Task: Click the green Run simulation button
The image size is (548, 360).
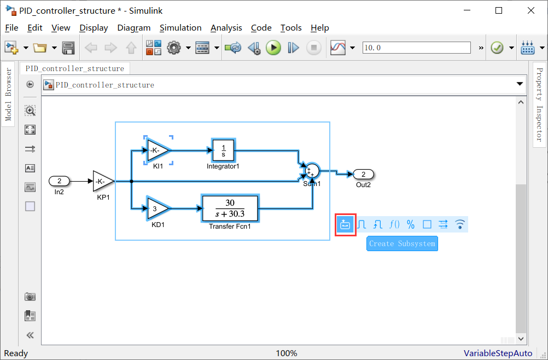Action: point(273,48)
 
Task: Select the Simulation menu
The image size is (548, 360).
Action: point(180,27)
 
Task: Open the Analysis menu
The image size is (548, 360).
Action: point(226,27)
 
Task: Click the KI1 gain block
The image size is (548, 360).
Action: point(158,150)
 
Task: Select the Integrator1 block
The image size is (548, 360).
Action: point(223,149)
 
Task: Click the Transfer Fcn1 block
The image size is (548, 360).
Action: point(230,208)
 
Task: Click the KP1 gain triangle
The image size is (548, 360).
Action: point(102,181)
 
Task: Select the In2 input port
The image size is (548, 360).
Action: point(60,181)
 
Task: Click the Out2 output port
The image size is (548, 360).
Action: point(363,175)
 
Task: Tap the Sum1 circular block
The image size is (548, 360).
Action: point(312,171)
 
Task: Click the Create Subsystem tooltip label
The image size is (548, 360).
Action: point(402,243)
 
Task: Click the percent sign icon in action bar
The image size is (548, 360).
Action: point(411,224)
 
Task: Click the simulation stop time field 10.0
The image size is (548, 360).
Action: point(416,48)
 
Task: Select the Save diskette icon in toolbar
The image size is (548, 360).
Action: point(68,48)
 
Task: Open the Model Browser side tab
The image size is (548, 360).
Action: point(8,94)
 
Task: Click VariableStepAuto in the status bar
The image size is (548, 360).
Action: point(498,353)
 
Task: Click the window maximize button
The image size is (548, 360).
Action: point(498,10)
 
